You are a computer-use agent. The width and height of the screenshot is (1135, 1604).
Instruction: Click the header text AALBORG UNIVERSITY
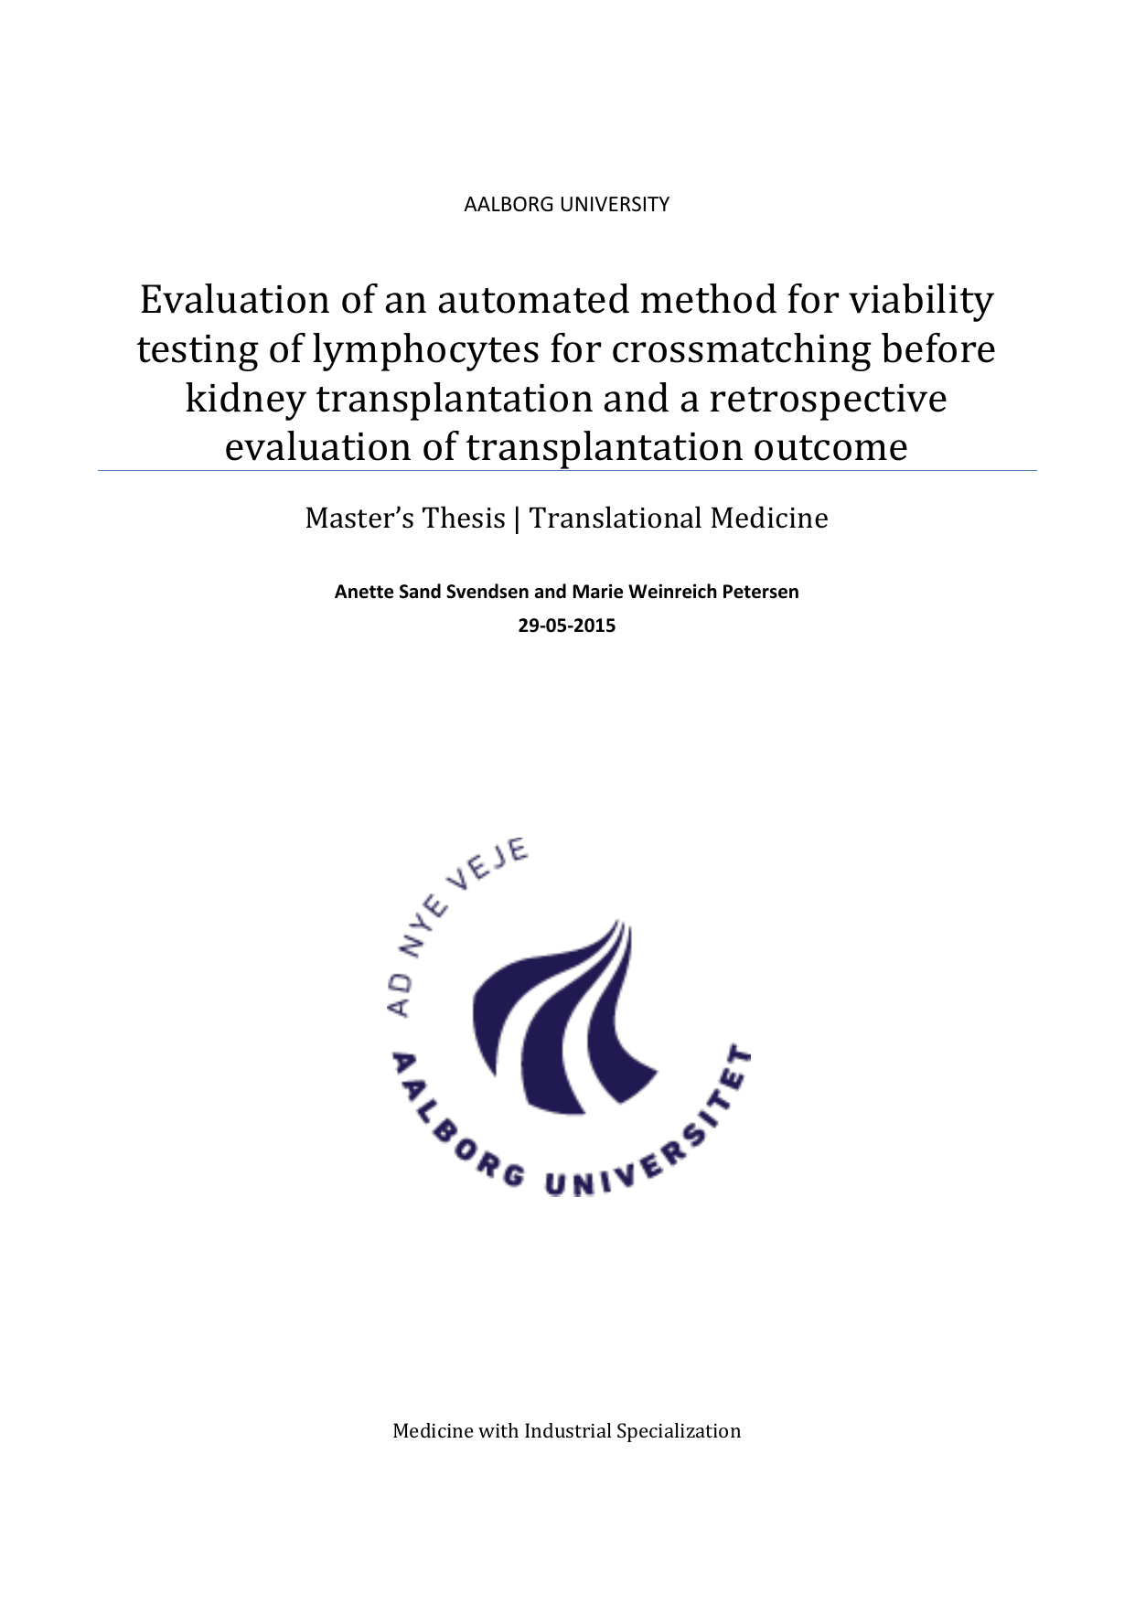(x=566, y=204)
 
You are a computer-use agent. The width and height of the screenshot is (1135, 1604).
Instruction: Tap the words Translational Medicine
(x=679, y=519)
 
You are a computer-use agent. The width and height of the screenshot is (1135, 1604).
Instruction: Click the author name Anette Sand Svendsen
(x=432, y=592)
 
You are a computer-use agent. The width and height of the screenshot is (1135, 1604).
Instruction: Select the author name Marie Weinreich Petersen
(x=685, y=592)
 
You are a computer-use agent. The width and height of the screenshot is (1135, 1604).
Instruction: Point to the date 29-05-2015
(x=566, y=626)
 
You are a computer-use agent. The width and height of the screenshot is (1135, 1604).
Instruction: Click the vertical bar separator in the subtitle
(x=518, y=519)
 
